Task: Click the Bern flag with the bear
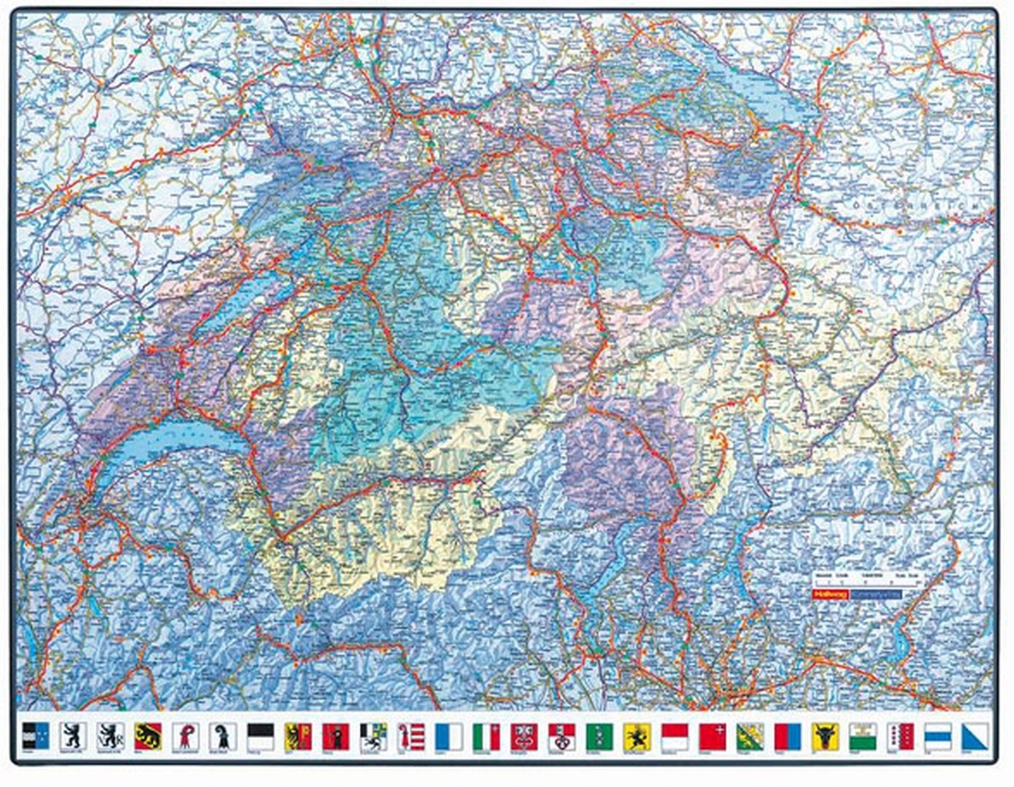148,735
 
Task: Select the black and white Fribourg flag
260,735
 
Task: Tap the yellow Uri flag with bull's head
824,735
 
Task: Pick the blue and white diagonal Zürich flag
974,735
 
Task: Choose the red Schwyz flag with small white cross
711,735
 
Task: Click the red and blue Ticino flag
787,735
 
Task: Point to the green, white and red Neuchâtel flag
486,735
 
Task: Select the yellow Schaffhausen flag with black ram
636,735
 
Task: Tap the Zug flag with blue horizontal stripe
937,735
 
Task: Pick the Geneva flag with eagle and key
298,735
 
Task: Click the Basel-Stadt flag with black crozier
223,735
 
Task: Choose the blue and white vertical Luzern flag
448,735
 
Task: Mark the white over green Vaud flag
862,735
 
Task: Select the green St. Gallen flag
598,735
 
